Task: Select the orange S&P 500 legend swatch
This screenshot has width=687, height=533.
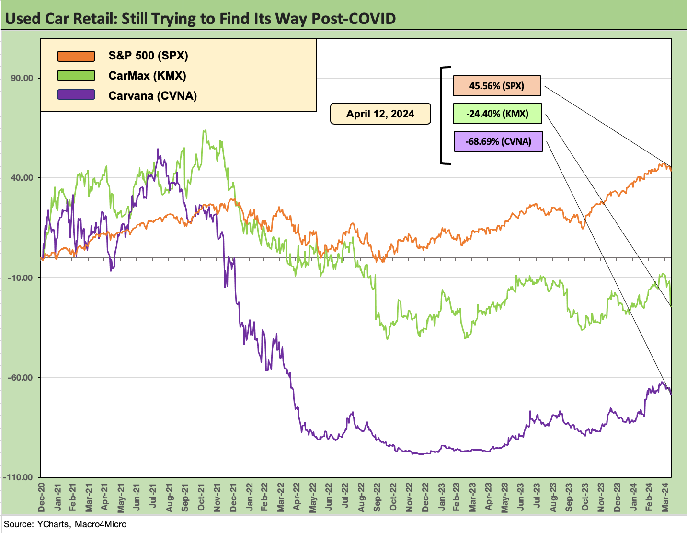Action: click(x=76, y=56)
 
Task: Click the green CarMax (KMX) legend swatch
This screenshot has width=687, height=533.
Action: click(x=76, y=76)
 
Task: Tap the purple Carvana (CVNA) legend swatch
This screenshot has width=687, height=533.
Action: click(x=76, y=95)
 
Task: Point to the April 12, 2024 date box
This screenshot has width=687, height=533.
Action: click(x=380, y=114)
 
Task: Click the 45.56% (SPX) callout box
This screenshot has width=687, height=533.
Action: click(x=497, y=86)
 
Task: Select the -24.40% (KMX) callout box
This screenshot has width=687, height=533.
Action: click(x=497, y=114)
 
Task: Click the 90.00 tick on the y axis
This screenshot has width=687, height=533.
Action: click(x=22, y=78)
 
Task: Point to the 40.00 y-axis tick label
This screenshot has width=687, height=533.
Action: click(x=22, y=178)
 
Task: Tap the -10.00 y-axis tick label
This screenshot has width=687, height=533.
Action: click(x=21, y=278)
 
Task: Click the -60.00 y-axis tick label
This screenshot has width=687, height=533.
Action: click(x=21, y=378)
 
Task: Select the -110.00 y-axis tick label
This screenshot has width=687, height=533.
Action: click(x=19, y=477)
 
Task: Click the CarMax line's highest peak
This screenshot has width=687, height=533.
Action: click(x=205, y=130)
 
